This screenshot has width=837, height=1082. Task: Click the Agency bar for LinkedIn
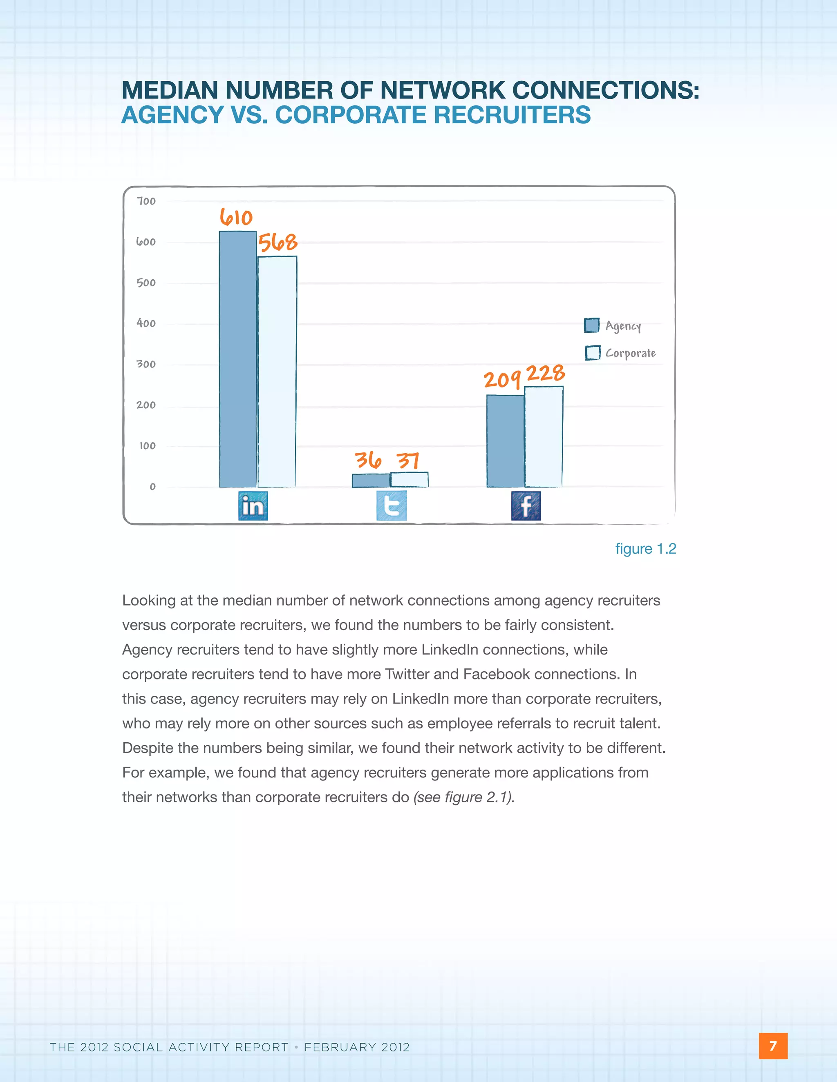(x=238, y=359)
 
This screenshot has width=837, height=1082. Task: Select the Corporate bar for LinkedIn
(x=277, y=372)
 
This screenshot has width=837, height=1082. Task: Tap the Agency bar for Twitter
(x=371, y=481)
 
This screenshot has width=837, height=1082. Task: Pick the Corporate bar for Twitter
(x=409, y=480)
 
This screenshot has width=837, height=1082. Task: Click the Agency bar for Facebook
(x=505, y=441)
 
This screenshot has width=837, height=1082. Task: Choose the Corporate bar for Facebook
(x=544, y=436)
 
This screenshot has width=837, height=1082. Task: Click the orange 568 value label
(x=278, y=242)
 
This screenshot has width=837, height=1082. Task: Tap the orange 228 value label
(x=546, y=374)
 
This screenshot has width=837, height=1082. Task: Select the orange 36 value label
(x=368, y=460)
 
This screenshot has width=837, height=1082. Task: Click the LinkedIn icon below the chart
(x=253, y=506)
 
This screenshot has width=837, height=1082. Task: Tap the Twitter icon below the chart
(x=391, y=506)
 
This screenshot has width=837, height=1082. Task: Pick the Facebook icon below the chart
(x=526, y=506)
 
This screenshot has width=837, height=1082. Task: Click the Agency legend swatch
(x=591, y=325)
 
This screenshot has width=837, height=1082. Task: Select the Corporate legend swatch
(x=593, y=353)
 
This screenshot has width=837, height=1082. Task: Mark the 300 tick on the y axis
(x=146, y=364)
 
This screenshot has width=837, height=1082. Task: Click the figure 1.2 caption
(x=646, y=549)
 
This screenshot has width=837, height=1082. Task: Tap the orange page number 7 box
(x=772, y=1046)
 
